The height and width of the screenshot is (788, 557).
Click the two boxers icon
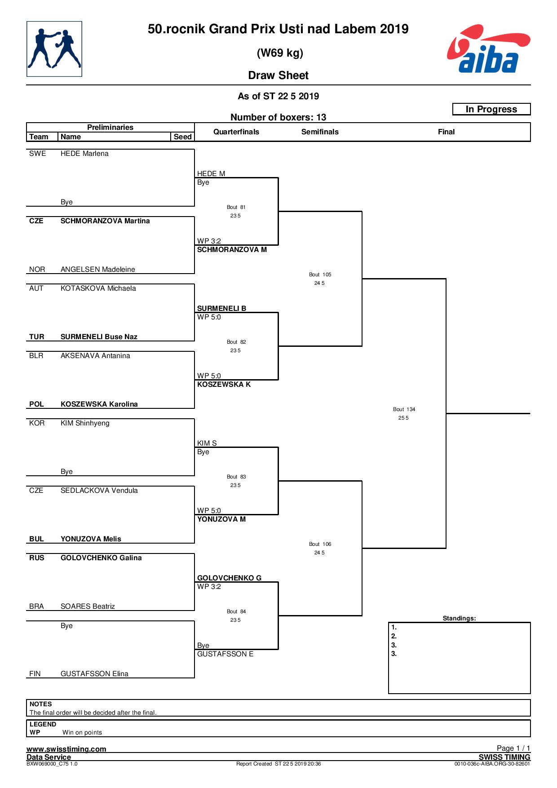tap(54, 49)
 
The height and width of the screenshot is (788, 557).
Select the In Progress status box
tap(491, 109)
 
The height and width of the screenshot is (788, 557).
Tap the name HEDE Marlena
tap(84, 154)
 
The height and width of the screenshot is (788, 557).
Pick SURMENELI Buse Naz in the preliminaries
tap(99, 337)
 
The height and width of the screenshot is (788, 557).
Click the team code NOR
tap(37, 270)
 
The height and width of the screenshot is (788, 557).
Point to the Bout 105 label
tap(320, 274)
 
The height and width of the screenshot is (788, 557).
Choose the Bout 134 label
tap(404, 409)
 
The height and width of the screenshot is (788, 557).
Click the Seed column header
tap(183, 137)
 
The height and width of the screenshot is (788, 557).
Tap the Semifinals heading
tap(320, 132)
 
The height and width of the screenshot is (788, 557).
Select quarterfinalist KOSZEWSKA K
tap(224, 385)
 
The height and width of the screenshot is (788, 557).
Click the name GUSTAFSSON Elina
tap(94, 674)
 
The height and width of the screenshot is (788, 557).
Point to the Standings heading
tap(459, 618)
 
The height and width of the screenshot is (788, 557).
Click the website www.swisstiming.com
tap(66, 749)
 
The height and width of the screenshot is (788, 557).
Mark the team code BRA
tap(36, 606)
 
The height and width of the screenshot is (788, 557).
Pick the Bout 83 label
tap(236, 477)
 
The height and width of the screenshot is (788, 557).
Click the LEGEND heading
tap(43, 724)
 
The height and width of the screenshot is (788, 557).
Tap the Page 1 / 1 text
tap(513, 748)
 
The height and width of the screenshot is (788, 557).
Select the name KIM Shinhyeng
tap(85, 423)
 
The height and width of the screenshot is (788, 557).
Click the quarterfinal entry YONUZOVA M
tap(221, 519)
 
